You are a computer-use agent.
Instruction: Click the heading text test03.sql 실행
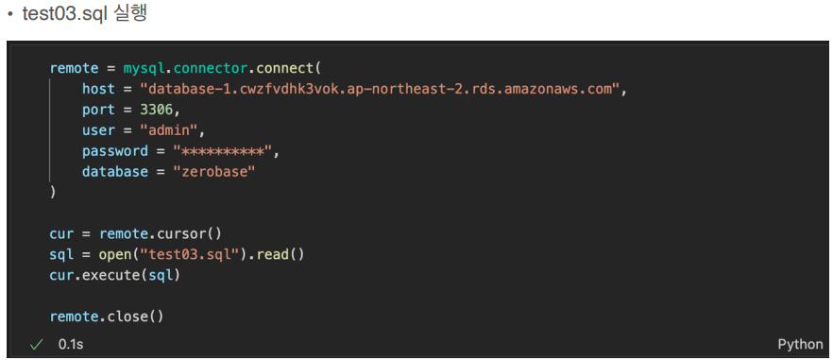[84, 14]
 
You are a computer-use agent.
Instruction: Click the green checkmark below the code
[36, 345]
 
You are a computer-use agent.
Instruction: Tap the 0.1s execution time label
[71, 344]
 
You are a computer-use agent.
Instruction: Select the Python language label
[800, 344]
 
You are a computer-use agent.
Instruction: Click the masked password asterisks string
[222, 151]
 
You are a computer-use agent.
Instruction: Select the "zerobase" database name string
[214, 172]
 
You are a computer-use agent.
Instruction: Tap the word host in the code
[98, 89]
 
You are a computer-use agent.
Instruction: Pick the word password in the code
[115, 151]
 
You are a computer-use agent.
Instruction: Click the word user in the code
[98, 130]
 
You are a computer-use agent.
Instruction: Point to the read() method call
[280, 254]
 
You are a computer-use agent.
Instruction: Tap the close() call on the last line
[135, 317]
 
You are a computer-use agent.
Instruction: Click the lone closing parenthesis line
[52, 193]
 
